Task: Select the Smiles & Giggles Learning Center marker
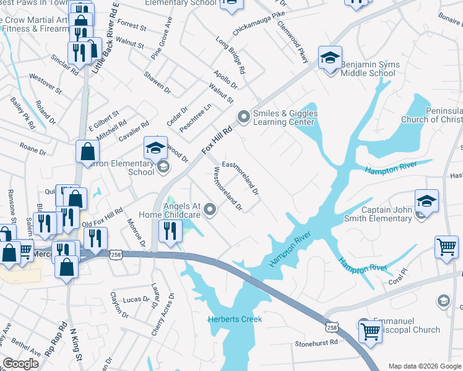point(244,116)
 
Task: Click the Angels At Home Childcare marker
point(210,210)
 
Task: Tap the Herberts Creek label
point(235,320)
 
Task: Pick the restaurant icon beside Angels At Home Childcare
point(169,231)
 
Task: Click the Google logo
point(20,364)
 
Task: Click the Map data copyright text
point(424,366)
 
